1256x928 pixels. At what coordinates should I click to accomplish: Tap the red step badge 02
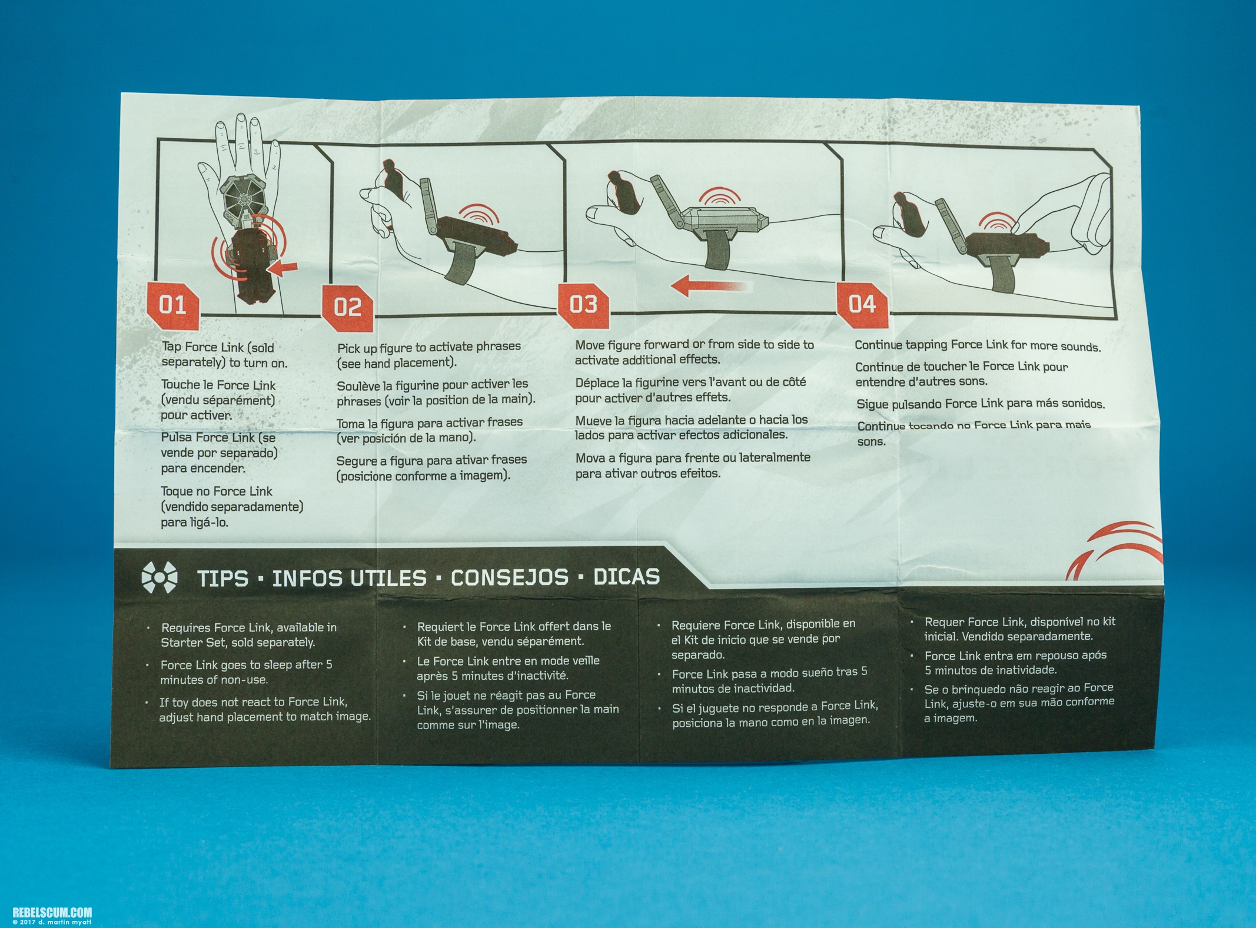point(347,308)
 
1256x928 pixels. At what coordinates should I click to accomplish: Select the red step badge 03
point(583,304)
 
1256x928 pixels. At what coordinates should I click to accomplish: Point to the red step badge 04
point(862,304)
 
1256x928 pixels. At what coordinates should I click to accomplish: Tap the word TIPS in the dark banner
point(222,578)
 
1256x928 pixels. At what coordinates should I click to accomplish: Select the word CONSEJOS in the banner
point(510,577)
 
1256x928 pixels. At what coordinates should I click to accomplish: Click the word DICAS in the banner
point(626,576)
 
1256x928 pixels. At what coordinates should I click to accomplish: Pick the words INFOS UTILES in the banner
point(349,578)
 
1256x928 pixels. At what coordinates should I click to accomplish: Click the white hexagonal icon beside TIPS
point(159,578)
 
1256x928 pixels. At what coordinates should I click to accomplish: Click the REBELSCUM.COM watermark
point(46,913)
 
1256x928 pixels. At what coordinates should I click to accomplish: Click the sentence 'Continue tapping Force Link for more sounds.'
point(978,346)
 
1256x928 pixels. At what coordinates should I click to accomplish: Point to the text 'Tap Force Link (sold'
point(218,347)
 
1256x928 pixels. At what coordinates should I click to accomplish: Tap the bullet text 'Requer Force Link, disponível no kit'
point(1020,622)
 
